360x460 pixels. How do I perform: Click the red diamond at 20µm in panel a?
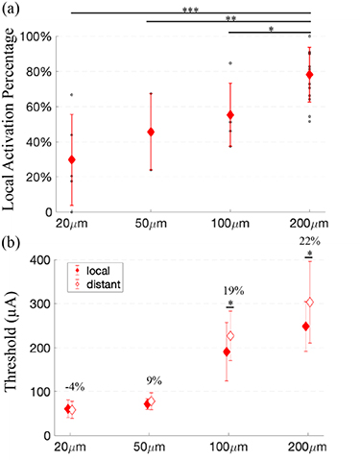[71, 160]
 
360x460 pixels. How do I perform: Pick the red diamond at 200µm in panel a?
[309, 75]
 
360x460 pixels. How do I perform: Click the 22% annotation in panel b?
[310, 240]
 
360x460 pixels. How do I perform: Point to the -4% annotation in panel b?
[72, 386]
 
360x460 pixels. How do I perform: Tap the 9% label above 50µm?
[151, 379]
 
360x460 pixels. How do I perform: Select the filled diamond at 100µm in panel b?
[227, 351]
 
